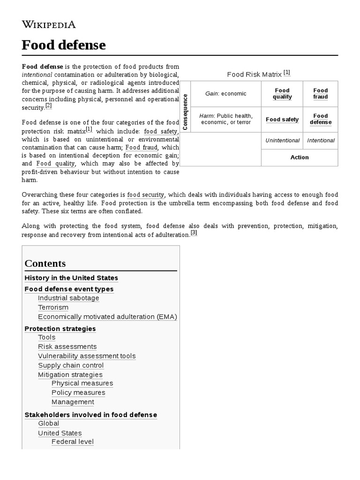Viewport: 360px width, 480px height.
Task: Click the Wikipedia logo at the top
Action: [49, 24]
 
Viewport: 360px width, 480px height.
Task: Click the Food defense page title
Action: [64, 45]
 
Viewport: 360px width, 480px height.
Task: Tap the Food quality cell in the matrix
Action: [282, 94]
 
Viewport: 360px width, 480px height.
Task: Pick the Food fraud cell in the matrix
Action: [321, 94]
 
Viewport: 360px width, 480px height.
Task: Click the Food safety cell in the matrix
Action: [282, 120]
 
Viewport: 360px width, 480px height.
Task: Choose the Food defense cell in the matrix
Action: [321, 119]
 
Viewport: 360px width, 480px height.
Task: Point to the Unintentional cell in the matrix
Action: [282, 140]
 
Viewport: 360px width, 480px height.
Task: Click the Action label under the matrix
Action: [300, 157]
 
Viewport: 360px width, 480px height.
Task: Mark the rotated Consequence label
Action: [185, 112]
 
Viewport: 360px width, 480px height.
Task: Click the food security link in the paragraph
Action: [146, 195]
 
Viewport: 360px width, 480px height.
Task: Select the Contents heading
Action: [45, 263]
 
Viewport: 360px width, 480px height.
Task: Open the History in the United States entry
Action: [71, 278]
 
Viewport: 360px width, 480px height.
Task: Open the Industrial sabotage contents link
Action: [68, 298]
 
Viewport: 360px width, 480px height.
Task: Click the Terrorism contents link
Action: [53, 307]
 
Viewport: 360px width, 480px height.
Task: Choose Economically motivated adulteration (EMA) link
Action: [107, 317]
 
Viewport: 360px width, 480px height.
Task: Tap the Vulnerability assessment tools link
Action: [87, 356]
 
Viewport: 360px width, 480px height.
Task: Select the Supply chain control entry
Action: [71, 365]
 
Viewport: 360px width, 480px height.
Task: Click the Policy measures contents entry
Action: [78, 392]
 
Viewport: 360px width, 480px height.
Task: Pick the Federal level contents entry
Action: [73, 442]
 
